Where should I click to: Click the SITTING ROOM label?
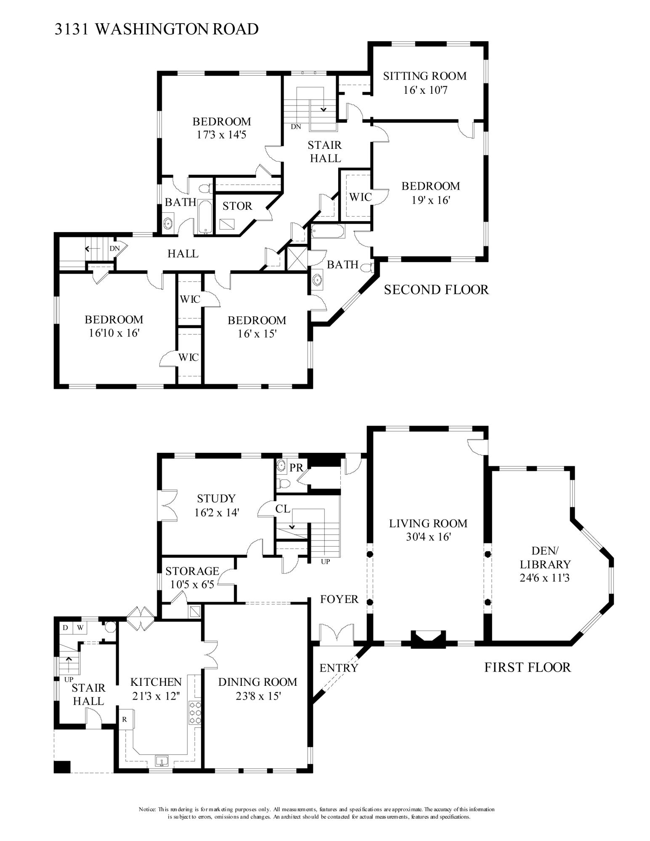pyautogui.click(x=424, y=76)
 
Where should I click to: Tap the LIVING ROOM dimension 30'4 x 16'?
pyautogui.click(x=427, y=537)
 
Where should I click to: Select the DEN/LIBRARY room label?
pyautogui.click(x=545, y=558)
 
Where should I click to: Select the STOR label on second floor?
pyautogui.click(x=237, y=206)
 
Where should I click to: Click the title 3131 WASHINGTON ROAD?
pyautogui.click(x=157, y=29)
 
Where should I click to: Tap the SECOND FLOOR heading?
pyautogui.click(x=436, y=289)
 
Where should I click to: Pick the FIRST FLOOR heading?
pyautogui.click(x=528, y=667)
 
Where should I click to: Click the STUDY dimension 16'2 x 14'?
pyautogui.click(x=216, y=513)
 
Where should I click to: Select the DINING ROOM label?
pyautogui.click(x=257, y=682)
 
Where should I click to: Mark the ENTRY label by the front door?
pyautogui.click(x=339, y=668)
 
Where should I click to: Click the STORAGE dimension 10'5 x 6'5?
pyautogui.click(x=193, y=584)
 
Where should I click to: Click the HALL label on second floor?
pyautogui.click(x=183, y=254)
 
